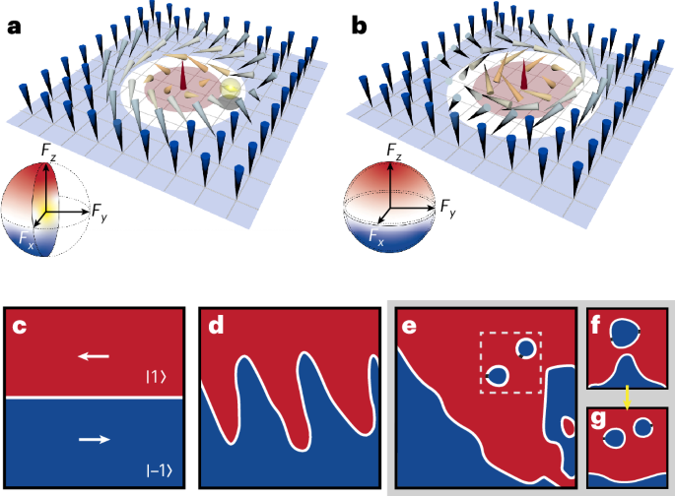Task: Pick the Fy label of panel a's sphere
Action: coord(100,209)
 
